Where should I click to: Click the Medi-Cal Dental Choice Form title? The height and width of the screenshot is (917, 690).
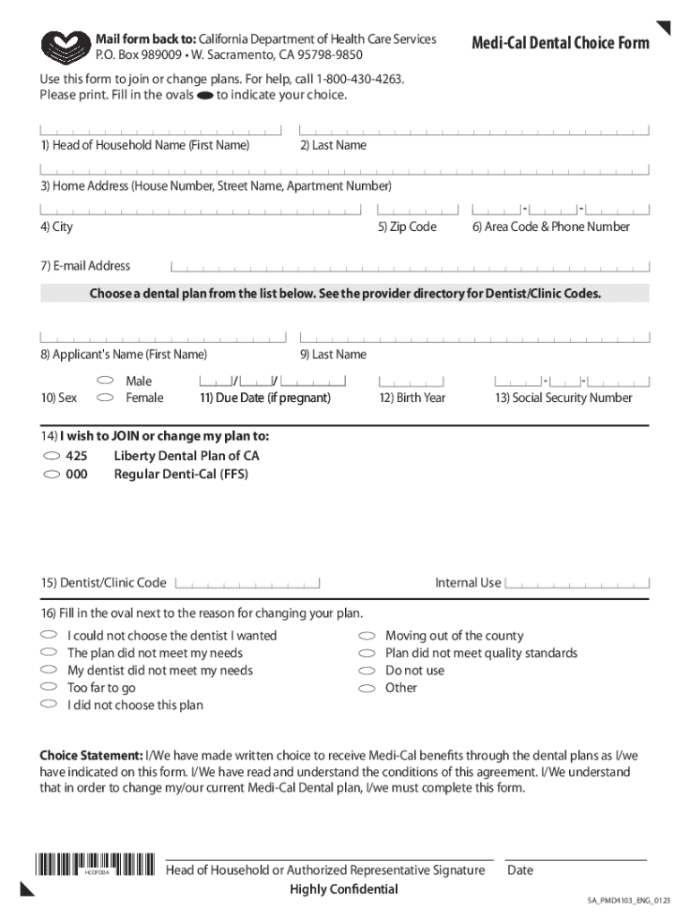560,43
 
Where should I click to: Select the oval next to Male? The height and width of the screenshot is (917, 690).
104,381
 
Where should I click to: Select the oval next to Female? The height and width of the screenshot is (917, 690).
104,397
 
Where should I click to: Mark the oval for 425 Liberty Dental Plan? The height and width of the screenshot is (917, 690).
50,456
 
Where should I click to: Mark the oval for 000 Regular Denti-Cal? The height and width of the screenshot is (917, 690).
50,475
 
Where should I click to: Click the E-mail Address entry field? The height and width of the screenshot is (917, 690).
409,266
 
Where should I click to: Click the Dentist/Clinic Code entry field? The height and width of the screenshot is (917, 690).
247,583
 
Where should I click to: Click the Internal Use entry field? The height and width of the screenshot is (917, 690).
576,583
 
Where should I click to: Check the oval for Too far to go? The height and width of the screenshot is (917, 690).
48,688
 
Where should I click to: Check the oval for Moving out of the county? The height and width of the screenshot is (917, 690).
367,636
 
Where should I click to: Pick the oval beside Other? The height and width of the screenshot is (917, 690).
367,688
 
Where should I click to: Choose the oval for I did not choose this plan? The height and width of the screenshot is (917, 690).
48,705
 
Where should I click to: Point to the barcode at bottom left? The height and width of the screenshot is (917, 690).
95,867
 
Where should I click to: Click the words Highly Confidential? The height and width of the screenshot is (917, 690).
343,889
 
